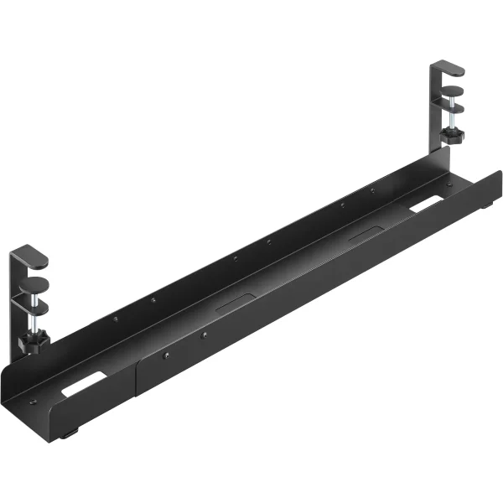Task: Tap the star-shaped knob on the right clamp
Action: (x=454, y=134)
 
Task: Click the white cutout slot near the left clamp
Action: (x=83, y=385)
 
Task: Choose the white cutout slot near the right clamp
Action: (x=427, y=205)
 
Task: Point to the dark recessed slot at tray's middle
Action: (x=237, y=302)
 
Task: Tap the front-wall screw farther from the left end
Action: (x=203, y=336)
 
